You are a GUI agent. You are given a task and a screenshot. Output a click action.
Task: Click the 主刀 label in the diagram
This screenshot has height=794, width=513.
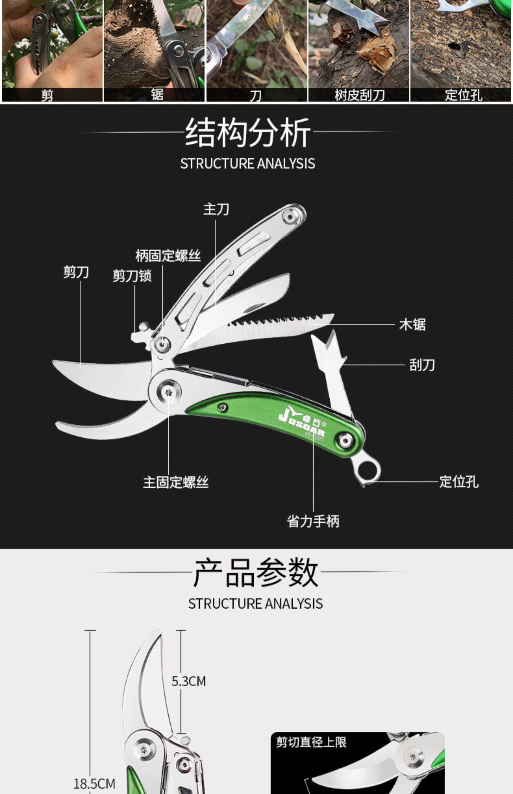click(x=216, y=209)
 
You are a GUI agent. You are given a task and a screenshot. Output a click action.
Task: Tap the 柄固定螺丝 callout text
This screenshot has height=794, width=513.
click(x=168, y=256)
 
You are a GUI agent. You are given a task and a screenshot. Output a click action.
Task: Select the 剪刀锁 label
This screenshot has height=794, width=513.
click(x=132, y=276)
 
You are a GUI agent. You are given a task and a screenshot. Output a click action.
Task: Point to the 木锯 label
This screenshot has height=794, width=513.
click(x=412, y=325)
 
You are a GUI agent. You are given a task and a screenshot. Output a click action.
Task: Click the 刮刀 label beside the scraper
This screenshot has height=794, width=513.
click(x=422, y=365)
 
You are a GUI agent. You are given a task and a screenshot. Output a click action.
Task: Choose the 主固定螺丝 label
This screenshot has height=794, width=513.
click(x=175, y=482)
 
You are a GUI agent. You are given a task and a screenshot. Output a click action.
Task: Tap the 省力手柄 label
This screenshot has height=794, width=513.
click(x=313, y=521)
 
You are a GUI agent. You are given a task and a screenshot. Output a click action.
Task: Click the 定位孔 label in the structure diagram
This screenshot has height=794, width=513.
click(x=459, y=481)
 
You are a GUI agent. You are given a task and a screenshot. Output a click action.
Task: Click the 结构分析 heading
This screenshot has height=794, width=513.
click(x=248, y=133)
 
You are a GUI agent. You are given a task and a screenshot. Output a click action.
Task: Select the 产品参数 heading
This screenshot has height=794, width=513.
click(x=255, y=572)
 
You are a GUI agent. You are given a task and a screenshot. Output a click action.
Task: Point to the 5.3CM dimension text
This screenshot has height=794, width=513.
click(x=188, y=681)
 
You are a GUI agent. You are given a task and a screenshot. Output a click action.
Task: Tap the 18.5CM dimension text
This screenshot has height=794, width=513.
click(x=94, y=783)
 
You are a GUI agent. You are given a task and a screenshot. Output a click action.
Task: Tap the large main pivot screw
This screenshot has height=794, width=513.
click(x=168, y=393)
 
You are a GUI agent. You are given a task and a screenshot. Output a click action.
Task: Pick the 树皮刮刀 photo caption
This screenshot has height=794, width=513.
click(x=359, y=95)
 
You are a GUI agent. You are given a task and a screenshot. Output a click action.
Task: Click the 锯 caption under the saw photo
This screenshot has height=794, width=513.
click(x=157, y=94)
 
